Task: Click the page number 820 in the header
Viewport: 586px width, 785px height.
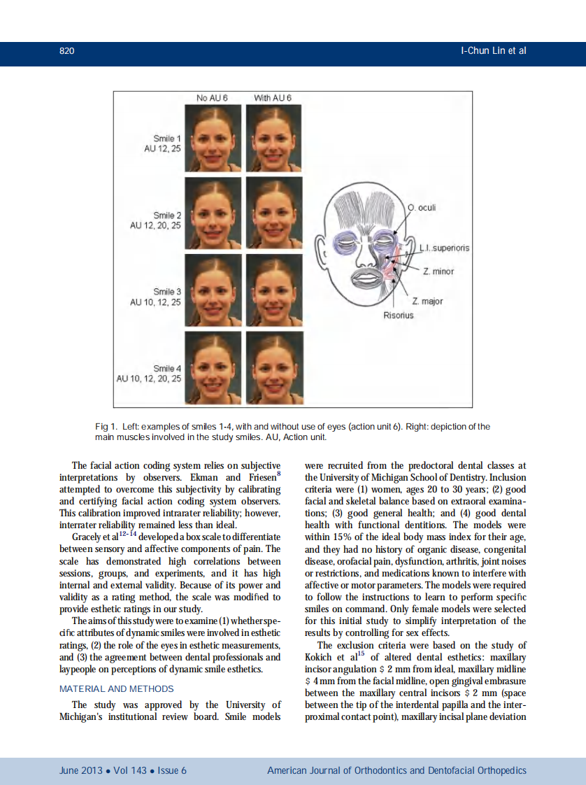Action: (67, 51)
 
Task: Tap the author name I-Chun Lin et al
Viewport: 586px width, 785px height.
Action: (493, 51)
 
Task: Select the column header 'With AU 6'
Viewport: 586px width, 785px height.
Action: (273, 97)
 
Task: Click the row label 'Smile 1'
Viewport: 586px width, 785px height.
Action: (167, 139)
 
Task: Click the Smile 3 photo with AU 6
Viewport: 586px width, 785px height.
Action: (275, 289)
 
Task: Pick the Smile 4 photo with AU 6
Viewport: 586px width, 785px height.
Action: (275, 367)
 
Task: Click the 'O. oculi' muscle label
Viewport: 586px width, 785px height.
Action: (422, 208)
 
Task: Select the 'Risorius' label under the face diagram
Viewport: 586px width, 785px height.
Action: (398, 316)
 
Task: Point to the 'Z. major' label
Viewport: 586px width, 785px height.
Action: (427, 302)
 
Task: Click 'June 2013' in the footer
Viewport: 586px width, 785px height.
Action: (78, 770)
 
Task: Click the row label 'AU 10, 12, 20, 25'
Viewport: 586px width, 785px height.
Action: (148, 379)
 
